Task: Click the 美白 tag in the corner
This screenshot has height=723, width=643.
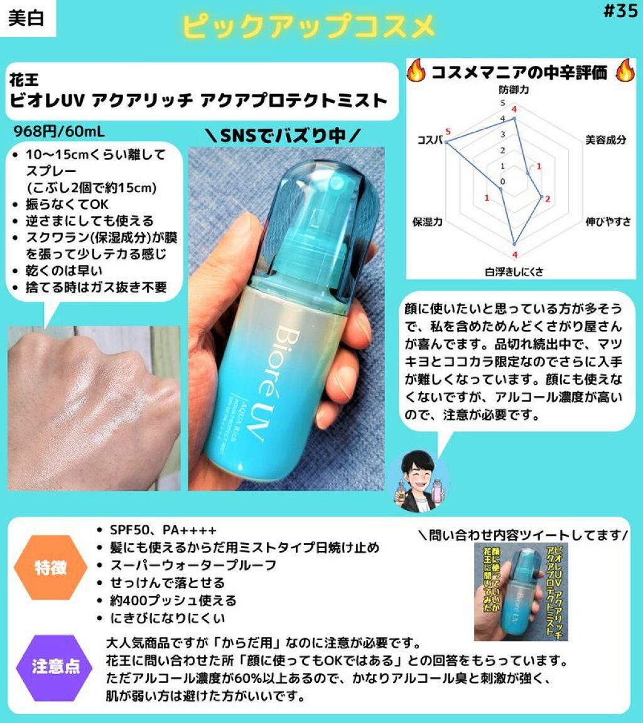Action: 27,18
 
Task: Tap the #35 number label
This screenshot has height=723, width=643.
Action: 619,13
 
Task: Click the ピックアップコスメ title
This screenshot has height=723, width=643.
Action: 308,27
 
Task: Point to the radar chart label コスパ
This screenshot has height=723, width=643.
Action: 431,139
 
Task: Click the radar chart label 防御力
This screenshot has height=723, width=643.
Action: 514,91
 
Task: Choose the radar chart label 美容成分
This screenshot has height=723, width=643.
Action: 605,140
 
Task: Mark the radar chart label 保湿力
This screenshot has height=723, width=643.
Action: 428,222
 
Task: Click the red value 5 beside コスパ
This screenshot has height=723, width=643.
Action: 448,131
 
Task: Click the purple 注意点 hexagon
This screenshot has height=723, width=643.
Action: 57,666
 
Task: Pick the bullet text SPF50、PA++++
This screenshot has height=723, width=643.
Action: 163,530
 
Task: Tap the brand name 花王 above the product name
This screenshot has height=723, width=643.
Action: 24,80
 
